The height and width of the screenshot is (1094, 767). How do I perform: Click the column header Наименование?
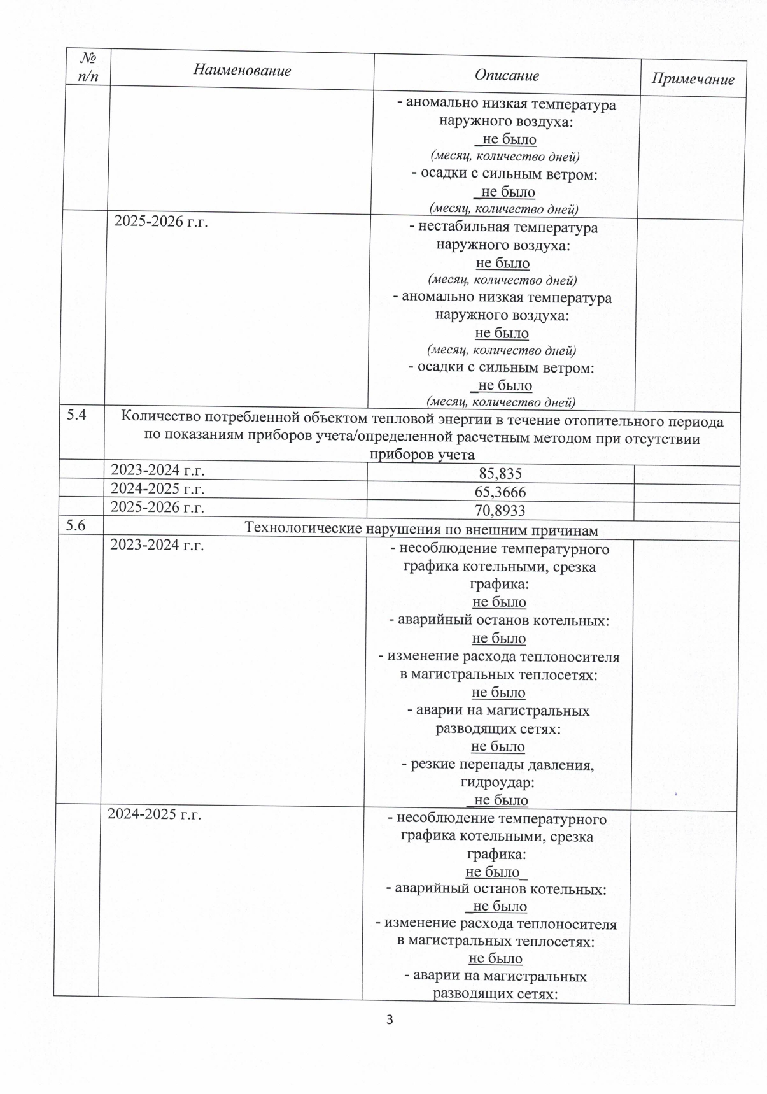(x=242, y=70)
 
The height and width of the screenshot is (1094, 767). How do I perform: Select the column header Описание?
(x=507, y=75)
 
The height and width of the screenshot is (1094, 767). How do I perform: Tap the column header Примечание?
(x=693, y=79)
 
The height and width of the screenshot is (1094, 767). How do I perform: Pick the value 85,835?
(x=500, y=473)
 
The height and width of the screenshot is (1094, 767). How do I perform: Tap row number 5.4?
(x=77, y=416)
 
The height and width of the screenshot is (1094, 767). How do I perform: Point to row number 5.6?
(x=76, y=525)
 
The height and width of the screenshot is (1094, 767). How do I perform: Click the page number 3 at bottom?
(x=390, y=1019)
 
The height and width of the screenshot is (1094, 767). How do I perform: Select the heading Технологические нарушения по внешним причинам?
(x=421, y=529)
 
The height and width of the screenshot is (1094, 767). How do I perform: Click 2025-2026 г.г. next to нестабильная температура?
(x=161, y=222)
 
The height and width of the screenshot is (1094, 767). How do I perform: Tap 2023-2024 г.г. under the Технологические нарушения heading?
(x=157, y=545)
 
